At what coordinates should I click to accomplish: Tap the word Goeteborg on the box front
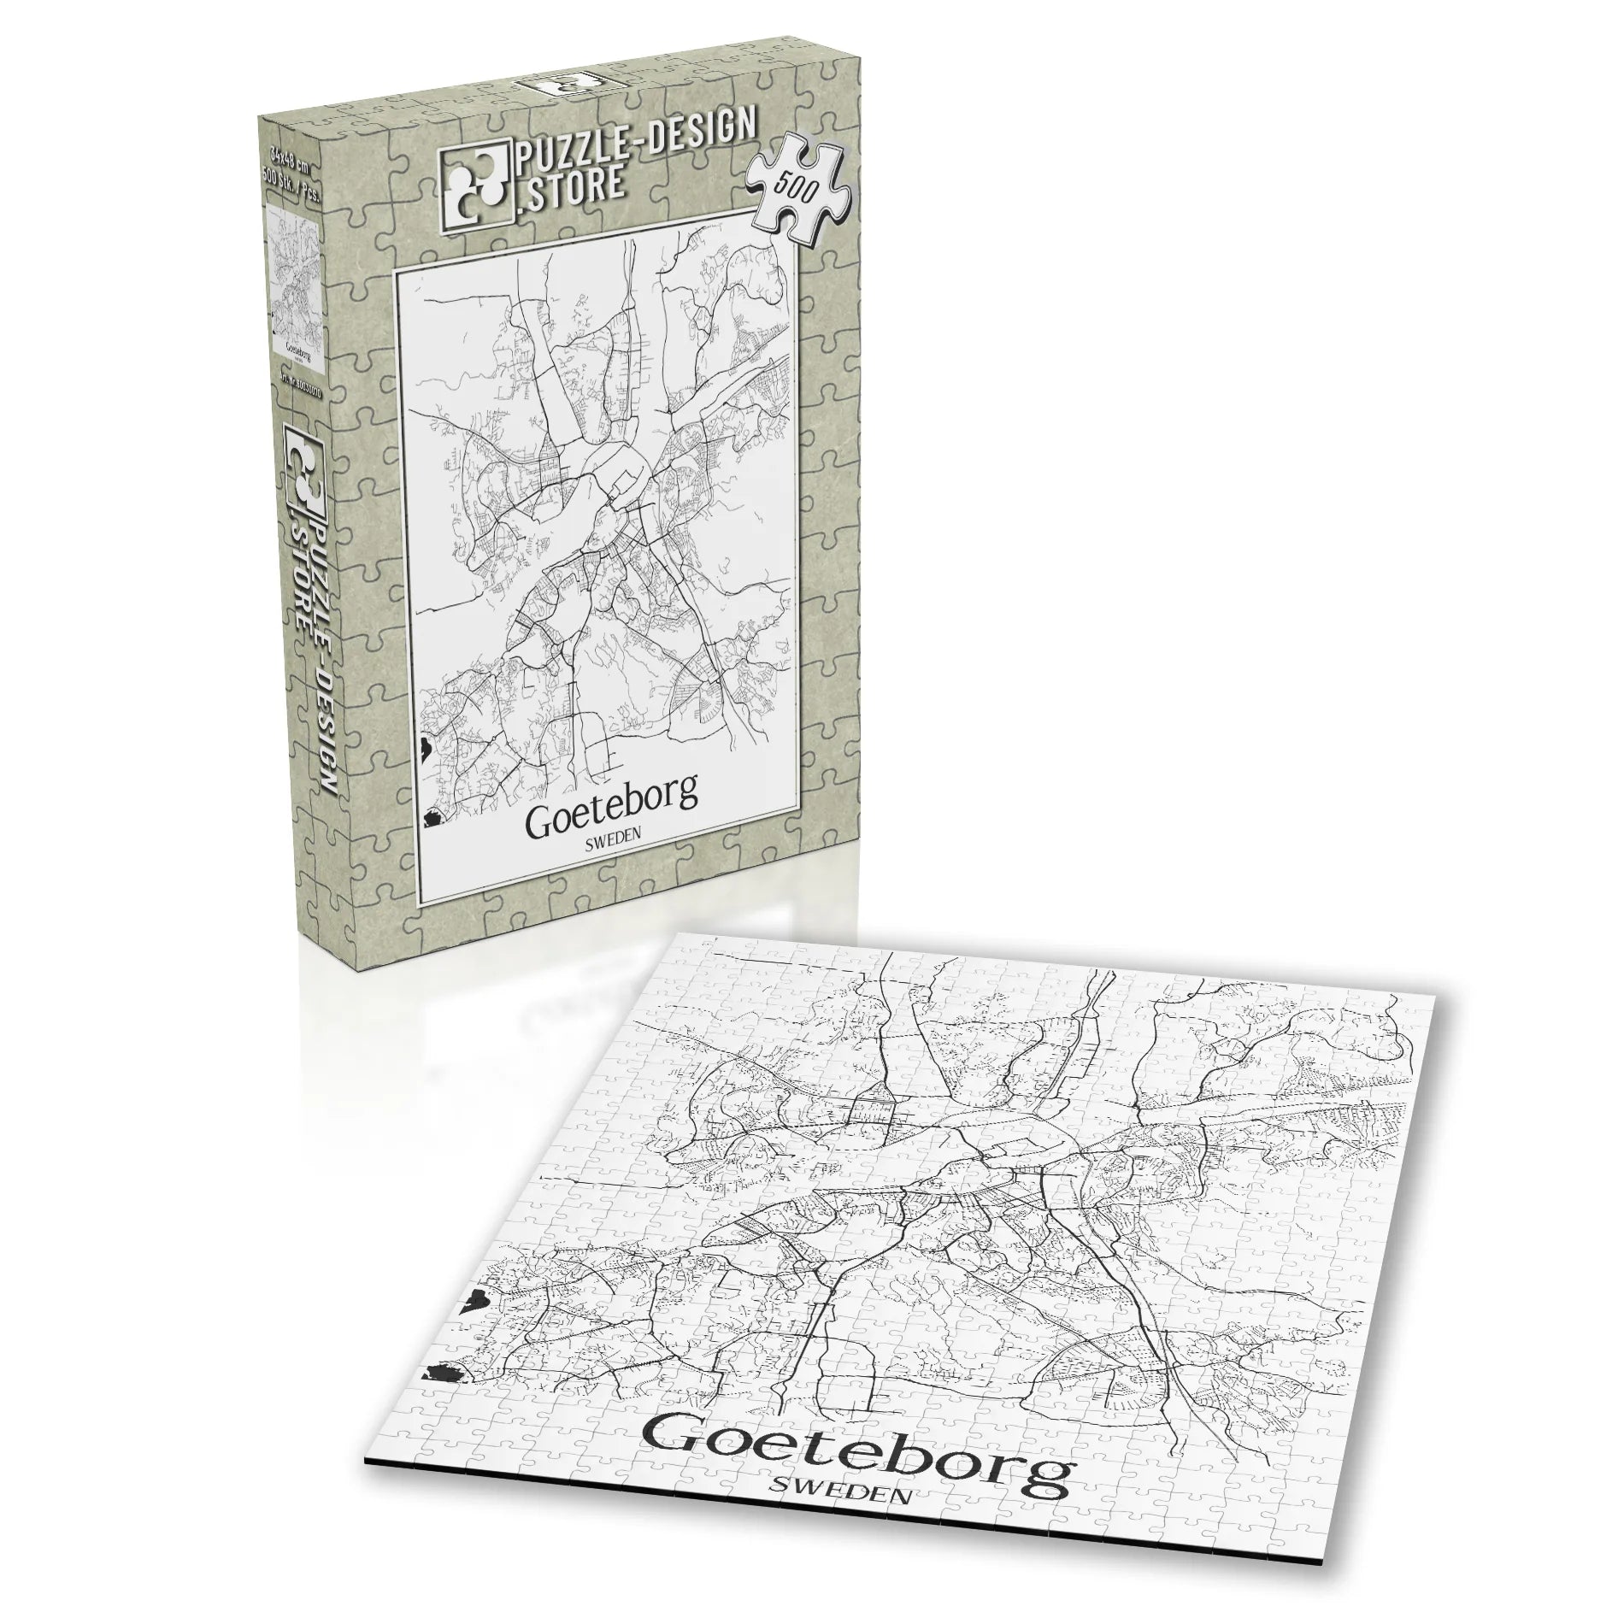click(x=610, y=797)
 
